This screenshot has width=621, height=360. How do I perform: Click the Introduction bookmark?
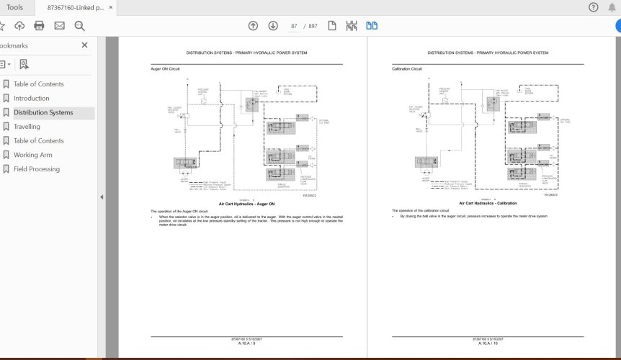(x=31, y=99)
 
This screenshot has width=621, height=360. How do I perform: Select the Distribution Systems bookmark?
(x=43, y=113)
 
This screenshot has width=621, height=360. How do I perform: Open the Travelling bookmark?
(x=27, y=127)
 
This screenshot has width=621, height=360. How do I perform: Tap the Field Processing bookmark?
(x=36, y=169)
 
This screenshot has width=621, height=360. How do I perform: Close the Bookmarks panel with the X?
(x=84, y=45)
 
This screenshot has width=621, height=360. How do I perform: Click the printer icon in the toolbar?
(x=39, y=26)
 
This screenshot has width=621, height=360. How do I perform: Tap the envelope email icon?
(x=59, y=26)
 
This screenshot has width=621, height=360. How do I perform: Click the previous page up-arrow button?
(x=253, y=26)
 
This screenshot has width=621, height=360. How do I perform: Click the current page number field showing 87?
(x=294, y=26)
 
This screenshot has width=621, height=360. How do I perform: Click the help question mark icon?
(x=593, y=8)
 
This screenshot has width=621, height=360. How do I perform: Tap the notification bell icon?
(x=611, y=8)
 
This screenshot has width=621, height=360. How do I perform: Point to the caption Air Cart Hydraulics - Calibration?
(x=488, y=204)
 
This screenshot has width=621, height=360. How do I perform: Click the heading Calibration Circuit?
(x=407, y=69)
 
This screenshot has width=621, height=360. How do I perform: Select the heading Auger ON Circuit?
(x=165, y=69)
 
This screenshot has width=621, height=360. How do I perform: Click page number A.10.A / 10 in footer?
(x=488, y=343)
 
